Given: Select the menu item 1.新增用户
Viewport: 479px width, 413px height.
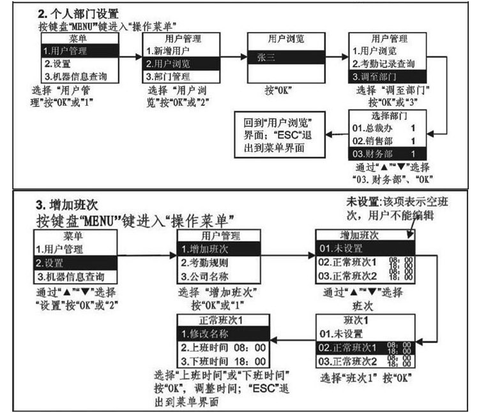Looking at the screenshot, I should point(167,50).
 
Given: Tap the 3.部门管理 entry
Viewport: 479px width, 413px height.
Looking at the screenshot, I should point(167,77).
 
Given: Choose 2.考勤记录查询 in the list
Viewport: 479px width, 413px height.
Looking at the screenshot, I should point(383,63).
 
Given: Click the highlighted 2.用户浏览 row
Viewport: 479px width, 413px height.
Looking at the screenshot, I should point(168,64).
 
